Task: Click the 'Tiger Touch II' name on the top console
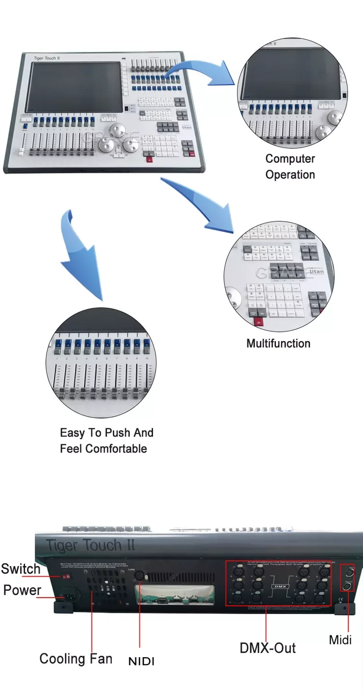click(x=46, y=59)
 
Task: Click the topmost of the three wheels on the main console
click(x=116, y=130)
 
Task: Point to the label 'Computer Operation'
click(x=290, y=167)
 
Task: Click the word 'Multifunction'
click(x=278, y=343)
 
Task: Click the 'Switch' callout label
click(x=20, y=569)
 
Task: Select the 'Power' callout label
click(x=22, y=590)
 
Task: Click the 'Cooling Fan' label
click(x=76, y=659)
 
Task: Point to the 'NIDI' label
click(x=141, y=661)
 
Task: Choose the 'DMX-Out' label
click(x=268, y=648)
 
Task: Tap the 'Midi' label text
click(x=340, y=640)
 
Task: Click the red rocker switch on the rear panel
click(x=67, y=576)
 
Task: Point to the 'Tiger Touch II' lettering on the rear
click(x=91, y=546)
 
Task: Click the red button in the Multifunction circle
click(x=259, y=322)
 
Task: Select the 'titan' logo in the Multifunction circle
click(x=316, y=272)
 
